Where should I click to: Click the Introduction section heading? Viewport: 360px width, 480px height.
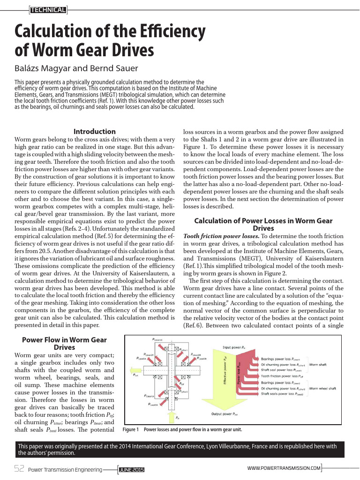coord(94,132)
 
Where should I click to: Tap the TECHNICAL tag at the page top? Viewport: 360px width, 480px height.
coord(48,9)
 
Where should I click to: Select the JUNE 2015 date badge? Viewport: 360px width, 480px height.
coord(131,470)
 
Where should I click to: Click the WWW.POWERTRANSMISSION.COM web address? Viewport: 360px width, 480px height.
coord(284,468)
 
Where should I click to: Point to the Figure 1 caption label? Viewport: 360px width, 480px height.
coord(131,429)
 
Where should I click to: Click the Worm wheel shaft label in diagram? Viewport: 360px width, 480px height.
coord(323,388)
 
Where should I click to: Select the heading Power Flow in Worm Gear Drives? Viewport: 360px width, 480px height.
coord(65,344)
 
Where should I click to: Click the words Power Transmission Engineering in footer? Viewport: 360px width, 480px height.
coord(65,470)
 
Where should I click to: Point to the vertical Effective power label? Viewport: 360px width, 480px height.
coord(226,370)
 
